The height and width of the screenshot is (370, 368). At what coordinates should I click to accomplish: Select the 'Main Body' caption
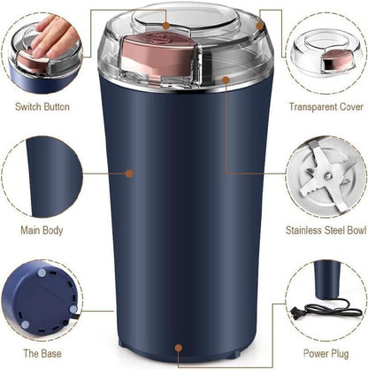tap(42, 231)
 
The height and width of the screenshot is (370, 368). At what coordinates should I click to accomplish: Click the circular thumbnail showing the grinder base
tap(42, 297)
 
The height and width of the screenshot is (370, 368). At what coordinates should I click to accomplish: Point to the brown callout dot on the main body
tap(130, 173)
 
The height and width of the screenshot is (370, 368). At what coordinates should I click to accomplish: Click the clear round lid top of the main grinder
tap(186, 21)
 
